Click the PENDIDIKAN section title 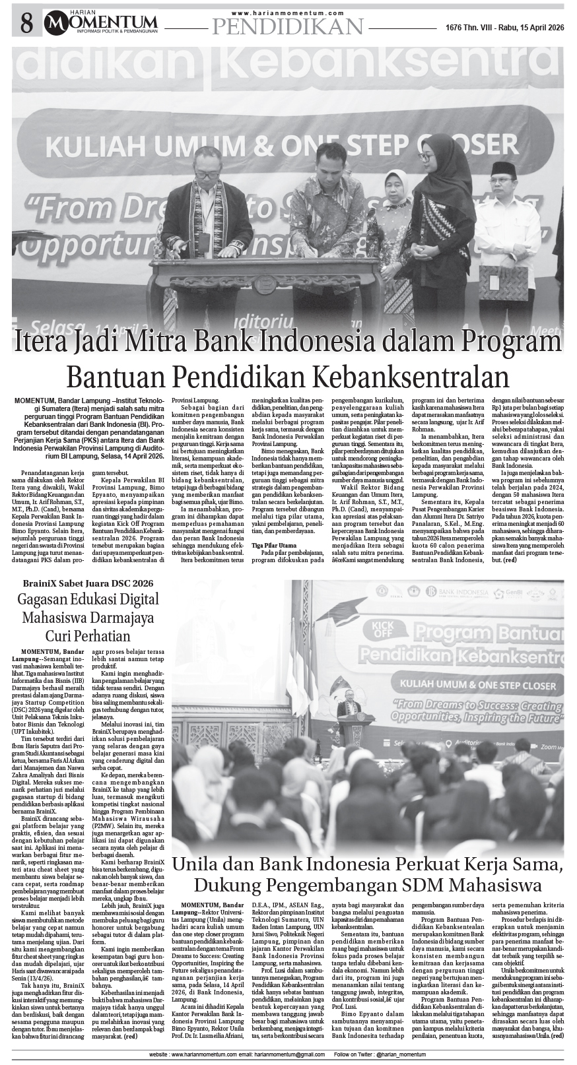pyautogui.click(x=288, y=26)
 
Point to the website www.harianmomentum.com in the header pyautogui.click(x=288, y=13)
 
